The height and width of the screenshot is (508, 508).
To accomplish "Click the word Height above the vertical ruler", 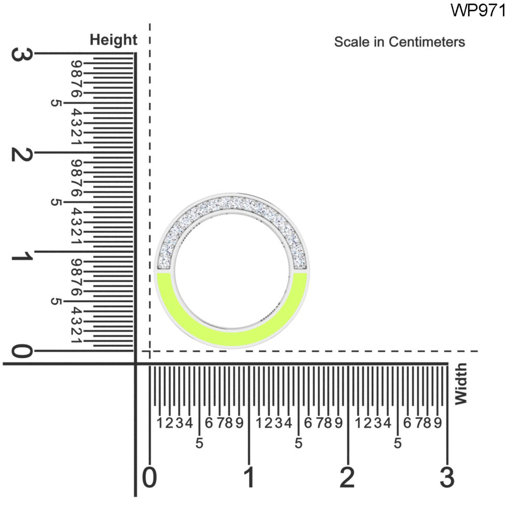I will [x=114, y=40].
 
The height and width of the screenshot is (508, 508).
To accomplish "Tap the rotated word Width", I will [x=460, y=384].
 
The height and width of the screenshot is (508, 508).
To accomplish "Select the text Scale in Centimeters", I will [x=399, y=42].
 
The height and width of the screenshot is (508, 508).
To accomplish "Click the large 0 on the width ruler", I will [x=149, y=477].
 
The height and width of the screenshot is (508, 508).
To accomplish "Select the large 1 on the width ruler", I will [x=249, y=477].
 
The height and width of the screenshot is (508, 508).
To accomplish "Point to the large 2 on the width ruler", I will [x=348, y=477].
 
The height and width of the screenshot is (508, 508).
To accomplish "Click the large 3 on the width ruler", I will [x=447, y=477].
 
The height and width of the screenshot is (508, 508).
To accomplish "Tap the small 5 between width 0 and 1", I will [x=199, y=444].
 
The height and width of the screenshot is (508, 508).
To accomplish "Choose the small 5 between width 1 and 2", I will [x=299, y=444].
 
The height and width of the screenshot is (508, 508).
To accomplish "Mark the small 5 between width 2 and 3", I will [x=398, y=444].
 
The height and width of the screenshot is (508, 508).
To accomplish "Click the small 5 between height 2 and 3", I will [x=55, y=103].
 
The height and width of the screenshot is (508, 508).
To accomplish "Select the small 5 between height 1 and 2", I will [x=55, y=203].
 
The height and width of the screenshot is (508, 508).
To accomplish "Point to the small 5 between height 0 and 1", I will [x=55, y=302].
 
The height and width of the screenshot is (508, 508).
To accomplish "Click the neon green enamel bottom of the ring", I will [x=232, y=337].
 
